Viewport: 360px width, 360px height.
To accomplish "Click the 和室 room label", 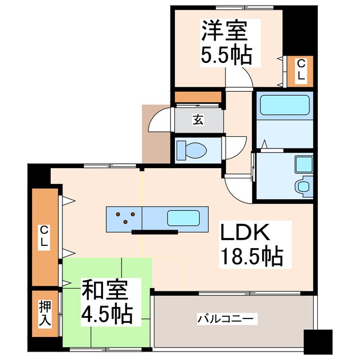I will coord(106,290).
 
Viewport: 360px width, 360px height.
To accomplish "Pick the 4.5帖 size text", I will coord(108,313).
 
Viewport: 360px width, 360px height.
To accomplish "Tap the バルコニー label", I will coord(227,319).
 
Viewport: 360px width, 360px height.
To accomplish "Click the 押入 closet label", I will coord(45,313).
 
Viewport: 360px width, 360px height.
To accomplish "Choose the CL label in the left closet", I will coord(44,236).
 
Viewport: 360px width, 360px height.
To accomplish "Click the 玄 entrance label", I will coord(198,120).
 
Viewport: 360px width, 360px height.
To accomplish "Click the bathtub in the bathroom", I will coord(283,105).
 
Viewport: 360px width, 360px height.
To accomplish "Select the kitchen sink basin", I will coord(182,217).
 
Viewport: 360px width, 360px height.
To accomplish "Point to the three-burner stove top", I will coord(125,216).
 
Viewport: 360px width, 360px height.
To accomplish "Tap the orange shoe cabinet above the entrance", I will coord(198,96).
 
